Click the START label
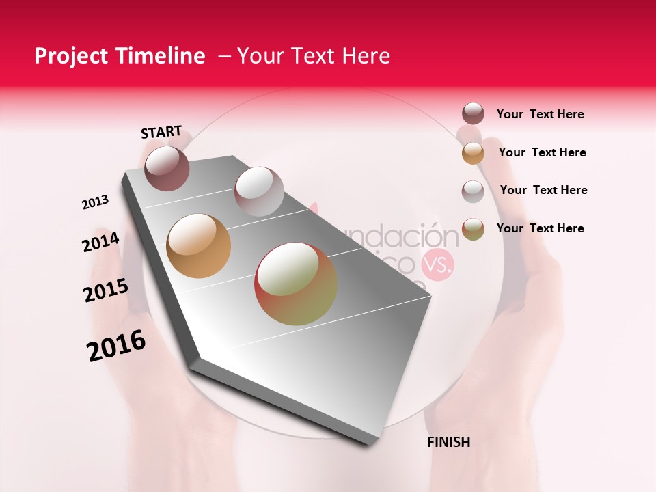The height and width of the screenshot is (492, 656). pos(161,132)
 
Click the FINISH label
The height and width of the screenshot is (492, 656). pos(448,442)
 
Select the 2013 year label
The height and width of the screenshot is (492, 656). pos(95,202)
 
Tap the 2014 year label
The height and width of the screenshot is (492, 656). pos(100,242)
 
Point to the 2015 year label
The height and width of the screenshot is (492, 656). pos(105,290)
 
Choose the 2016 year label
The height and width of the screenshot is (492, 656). pos(115,346)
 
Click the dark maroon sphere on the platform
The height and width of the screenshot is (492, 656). pos(167,168)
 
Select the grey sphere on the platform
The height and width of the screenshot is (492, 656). pos(258,191)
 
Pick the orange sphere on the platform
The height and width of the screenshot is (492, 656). pos(198,246)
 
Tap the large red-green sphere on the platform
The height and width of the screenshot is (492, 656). pos(295,284)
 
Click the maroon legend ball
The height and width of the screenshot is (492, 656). pos(473,114)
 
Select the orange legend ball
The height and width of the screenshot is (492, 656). pos(473,153)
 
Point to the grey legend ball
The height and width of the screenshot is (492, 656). pos(473,191)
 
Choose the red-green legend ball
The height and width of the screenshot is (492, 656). pos(473,229)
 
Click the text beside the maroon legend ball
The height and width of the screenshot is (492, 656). pos(540,115)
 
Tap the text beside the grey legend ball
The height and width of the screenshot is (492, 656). pos(543,190)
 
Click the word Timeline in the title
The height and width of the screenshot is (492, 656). pos(161,56)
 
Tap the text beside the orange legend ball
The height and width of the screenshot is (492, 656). pos(542,152)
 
